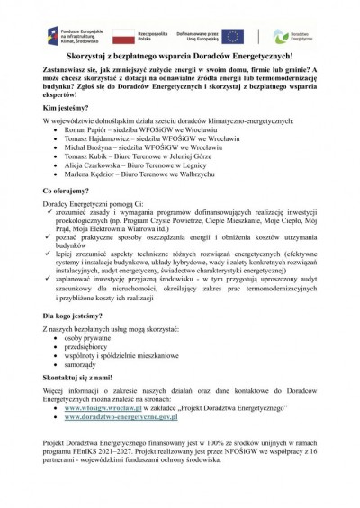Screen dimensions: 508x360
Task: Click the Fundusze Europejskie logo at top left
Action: tap(58, 36)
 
